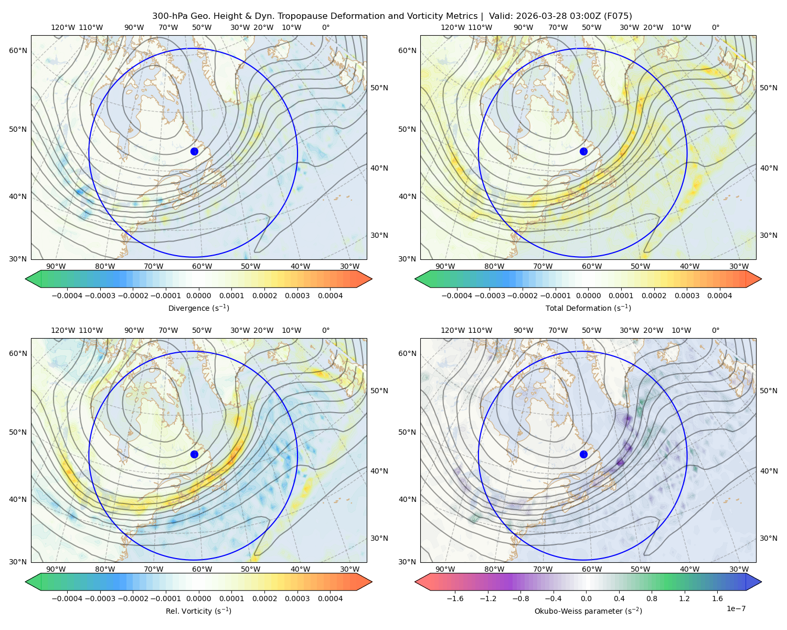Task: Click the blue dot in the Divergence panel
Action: pyautogui.click(x=194, y=152)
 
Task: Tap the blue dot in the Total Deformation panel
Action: pyautogui.click(x=583, y=152)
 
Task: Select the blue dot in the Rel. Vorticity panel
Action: pyautogui.click(x=194, y=454)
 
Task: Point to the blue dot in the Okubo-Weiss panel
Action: pyautogui.click(x=583, y=454)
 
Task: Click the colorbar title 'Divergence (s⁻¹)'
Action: pyautogui.click(x=198, y=308)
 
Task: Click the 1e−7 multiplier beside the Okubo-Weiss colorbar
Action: pyautogui.click(x=736, y=608)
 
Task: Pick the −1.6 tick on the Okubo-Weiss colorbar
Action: pyautogui.click(x=455, y=598)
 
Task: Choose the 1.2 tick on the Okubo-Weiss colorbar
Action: pyautogui.click(x=685, y=598)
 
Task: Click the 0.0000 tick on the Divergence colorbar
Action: pyautogui.click(x=198, y=296)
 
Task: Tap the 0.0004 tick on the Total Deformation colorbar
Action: pyautogui.click(x=720, y=296)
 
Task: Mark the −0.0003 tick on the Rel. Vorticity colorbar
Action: pyautogui.click(x=100, y=598)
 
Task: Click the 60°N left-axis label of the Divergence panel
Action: pyautogui.click(x=18, y=50)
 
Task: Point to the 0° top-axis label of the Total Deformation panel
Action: pyautogui.click(x=715, y=27)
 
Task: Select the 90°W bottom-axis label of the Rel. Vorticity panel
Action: pyautogui.click(x=56, y=569)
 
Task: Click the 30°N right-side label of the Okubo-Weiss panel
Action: pyautogui.click(x=769, y=538)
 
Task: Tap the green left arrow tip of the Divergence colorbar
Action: pyautogui.click(x=26, y=279)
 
